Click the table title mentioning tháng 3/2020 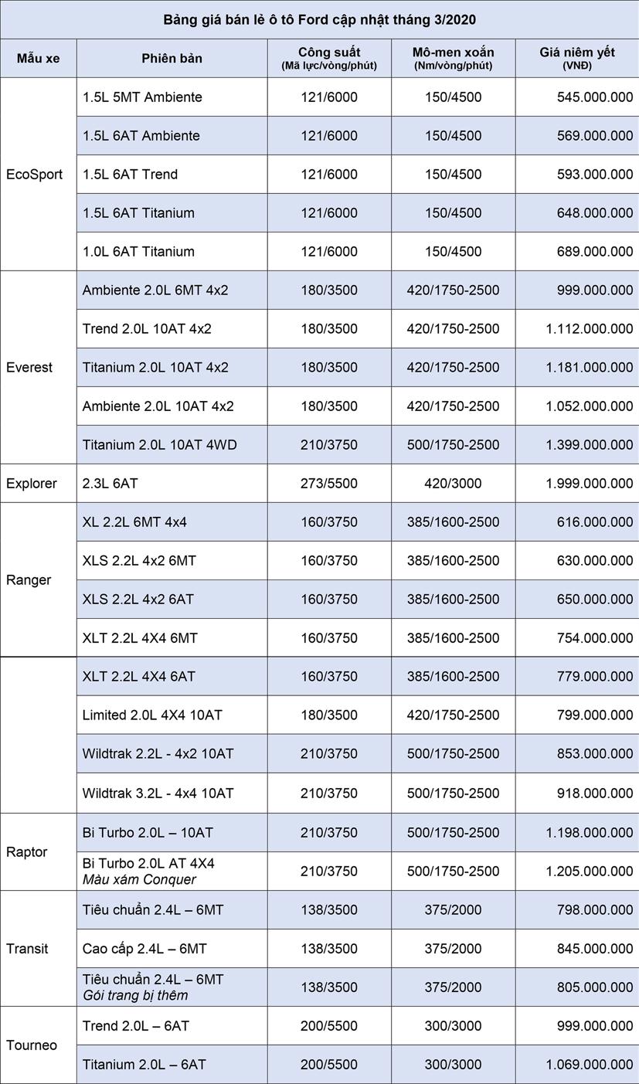(319, 19)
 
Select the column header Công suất (329, 53)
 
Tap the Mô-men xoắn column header (453, 53)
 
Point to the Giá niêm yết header (577, 53)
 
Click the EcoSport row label (35, 175)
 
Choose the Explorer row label (32, 484)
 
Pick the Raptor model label (27, 852)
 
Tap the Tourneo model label (32, 1045)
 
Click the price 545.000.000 (594, 97)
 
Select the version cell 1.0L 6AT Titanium (139, 252)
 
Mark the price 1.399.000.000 (589, 445)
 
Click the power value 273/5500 (329, 484)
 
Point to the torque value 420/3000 (453, 484)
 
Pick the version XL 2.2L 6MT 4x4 (134, 522)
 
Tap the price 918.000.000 (594, 793)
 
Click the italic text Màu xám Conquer (139, 879)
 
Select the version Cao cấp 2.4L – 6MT (144, 949)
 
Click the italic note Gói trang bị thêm (135, 995)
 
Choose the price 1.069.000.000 (589, 1065)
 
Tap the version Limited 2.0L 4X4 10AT (152, 715)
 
